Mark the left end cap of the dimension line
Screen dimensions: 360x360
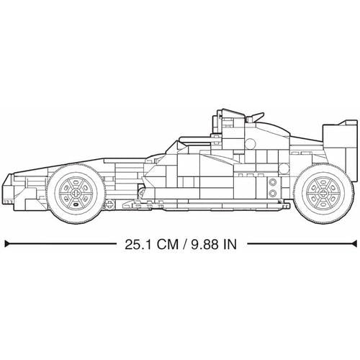tap(6, 243)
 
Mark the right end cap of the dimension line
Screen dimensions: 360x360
tap(354, 243)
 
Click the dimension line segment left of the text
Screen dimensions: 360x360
tap(58, 243)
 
